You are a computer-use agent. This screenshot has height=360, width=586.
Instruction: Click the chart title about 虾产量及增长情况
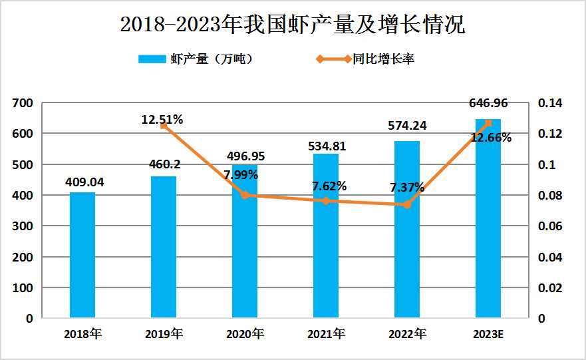point(293,25)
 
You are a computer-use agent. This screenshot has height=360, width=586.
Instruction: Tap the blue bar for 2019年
point(164,247)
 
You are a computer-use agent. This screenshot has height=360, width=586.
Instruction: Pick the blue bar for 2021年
point(326,236)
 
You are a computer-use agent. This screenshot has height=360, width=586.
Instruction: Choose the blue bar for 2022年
point(407,230)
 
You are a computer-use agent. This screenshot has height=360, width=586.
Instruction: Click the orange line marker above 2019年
point(164,126)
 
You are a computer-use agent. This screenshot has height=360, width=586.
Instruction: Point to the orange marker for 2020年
point(245,196)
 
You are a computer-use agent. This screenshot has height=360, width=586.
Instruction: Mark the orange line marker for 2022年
point(407,205)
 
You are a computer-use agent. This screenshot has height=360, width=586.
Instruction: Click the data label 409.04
point(84,181)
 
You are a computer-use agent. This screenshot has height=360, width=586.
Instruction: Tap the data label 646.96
point(489,104)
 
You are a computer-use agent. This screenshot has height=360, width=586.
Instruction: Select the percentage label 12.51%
point(162,120)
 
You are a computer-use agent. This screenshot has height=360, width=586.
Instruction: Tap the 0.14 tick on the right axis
point(551,103)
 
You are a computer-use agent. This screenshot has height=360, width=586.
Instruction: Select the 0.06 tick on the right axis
point(551,226)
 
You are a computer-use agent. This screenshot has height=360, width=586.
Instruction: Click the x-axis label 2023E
point(489,334)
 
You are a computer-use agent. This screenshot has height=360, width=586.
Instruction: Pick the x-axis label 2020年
point(245,334)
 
